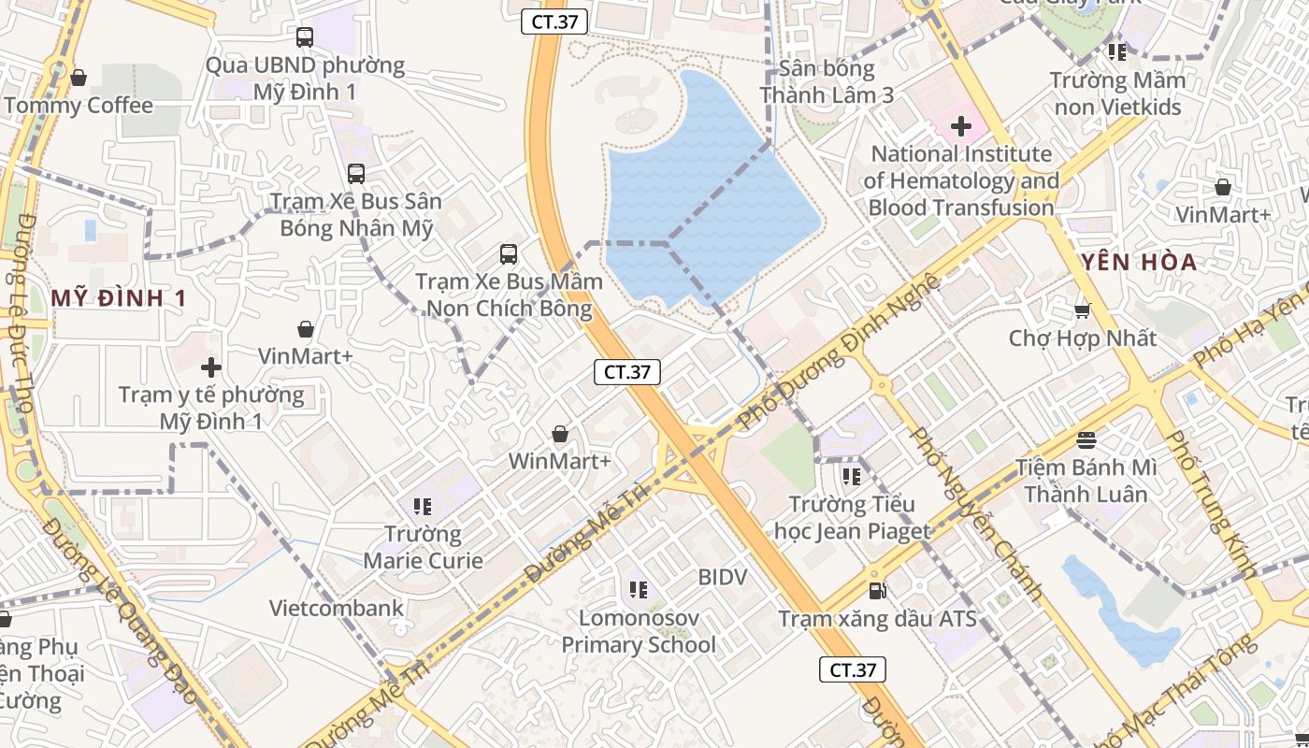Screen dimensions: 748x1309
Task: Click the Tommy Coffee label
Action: click(79, 105)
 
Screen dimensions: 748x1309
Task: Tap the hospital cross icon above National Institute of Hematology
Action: click(960, 126)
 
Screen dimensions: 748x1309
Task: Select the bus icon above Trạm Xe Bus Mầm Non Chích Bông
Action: click(508, 253)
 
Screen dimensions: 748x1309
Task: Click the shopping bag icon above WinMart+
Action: click(559, 434)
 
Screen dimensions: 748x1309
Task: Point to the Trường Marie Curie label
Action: click(424, 547)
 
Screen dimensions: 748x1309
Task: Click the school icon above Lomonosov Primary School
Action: click(639, 590)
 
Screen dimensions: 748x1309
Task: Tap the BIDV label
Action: click(723, 577)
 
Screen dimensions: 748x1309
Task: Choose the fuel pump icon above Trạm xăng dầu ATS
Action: click(877, 591)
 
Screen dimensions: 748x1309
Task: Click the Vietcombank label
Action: click(337, 608)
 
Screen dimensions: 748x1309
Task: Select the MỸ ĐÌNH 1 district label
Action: click(119, 298)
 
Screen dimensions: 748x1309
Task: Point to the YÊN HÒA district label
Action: click(1138, 263)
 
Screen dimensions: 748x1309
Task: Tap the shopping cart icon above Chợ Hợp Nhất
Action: click(1083, 310)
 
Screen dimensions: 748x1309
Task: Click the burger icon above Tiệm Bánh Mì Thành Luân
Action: click(1086, 439)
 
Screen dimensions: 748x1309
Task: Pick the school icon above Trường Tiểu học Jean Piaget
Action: click(851, 477)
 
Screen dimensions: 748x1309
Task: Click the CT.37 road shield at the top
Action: click(554, 22)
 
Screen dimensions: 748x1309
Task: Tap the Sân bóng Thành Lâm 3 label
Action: click(827, 81)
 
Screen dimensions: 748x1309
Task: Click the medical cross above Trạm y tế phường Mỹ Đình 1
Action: click(211, 367)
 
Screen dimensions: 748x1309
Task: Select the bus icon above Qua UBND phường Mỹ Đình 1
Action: click(305, 37)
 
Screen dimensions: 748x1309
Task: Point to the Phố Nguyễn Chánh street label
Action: click(976, 513)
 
